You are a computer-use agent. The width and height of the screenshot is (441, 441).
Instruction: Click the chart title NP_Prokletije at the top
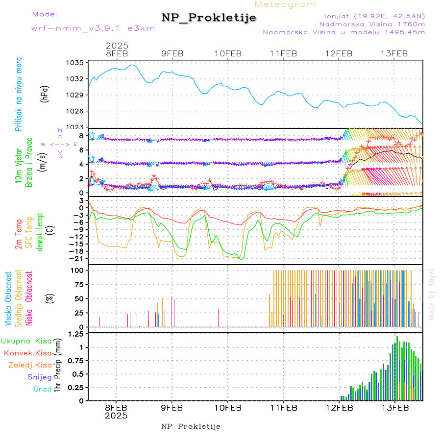(209, 18)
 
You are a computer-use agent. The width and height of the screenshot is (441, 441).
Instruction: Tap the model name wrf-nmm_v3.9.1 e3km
(93, 28)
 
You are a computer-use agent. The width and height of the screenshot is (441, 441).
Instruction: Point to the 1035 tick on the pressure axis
(75, 63)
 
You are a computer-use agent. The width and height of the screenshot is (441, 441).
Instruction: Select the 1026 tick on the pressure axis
(75, 111)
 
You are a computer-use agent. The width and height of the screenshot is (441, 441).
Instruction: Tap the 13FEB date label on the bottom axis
(395, 407)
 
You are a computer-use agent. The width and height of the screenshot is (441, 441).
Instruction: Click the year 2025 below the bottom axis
(117, 416)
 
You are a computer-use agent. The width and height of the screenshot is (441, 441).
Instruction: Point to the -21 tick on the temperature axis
(77, 258)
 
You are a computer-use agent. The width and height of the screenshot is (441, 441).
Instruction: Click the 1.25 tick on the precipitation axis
(75, 334)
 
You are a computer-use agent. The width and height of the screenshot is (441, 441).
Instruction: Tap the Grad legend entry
(42, 389)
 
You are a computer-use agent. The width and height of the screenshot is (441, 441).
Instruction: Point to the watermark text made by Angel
(432, 294)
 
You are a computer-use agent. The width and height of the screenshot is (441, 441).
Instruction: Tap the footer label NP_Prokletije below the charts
(191, 426)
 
